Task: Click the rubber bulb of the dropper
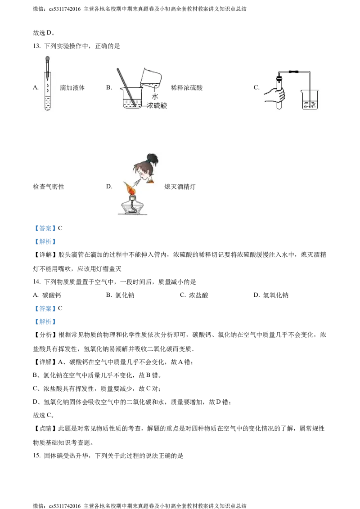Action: tap(48, 58)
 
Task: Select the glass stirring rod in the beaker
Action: tap(126, 88)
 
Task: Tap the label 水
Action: tap(155, 97)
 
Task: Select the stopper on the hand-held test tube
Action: tap(280, 80)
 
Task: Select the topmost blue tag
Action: tap(45, 228)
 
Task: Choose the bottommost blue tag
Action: tap(45, 322)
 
